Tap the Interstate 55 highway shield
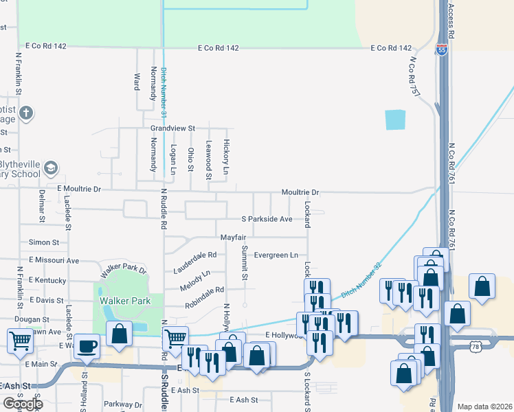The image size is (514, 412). [x=440, y=49]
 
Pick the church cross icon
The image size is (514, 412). [x=26, y=113]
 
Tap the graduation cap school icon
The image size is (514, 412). [x=51, y=168]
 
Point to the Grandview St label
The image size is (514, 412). [x=173, y=128]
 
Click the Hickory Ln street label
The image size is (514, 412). [x=225, y=156]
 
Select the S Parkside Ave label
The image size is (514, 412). [x=267, y=219]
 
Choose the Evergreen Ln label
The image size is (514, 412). [x=276, y=255]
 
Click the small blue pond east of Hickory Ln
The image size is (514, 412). [x=395, y=120]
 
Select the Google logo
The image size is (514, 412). [x=22, y=404]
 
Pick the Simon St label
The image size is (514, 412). [x=44, y=242]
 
